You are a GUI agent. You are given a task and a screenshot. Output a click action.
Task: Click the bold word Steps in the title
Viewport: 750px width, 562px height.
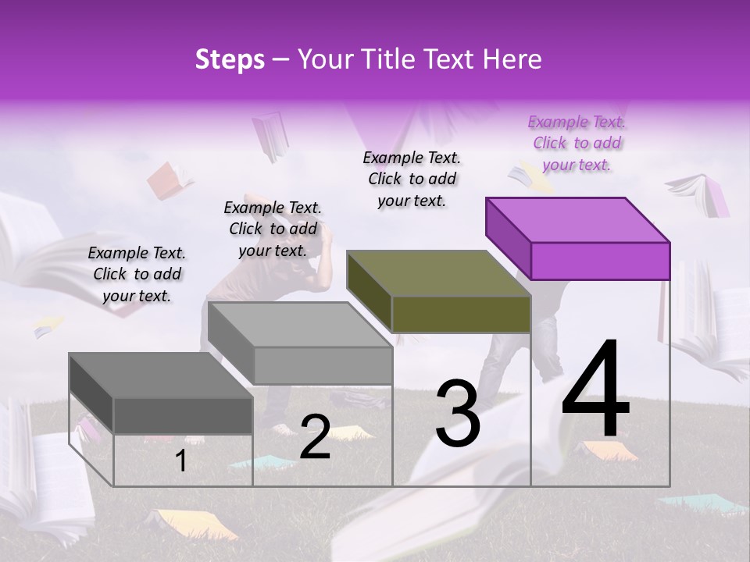click(x=230, y=59)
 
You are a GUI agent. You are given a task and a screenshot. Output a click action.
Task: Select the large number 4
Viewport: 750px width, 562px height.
click(x=595, y=390)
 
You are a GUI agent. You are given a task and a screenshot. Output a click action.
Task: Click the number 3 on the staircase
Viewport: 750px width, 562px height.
click(x=457, y=414)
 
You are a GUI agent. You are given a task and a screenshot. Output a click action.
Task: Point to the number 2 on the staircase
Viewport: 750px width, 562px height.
click(x=315, y=437)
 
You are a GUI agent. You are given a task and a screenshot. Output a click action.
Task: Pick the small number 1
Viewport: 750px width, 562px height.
click(x=180, y=461)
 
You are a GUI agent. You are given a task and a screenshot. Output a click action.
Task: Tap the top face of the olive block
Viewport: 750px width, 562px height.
click(x=438, y=272)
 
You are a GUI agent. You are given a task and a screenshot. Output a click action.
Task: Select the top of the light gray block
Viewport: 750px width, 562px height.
click(x=300, y=324)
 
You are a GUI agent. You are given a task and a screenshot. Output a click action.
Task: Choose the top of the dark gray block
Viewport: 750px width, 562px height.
click(x=161, y=375)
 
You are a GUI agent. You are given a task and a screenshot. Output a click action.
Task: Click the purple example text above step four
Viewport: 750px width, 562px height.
click(x=577, y=143)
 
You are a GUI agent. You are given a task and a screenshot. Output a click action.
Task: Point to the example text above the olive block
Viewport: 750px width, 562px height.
click(x=412, y=179)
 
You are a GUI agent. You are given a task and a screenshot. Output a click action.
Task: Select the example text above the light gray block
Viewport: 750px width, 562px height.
click(x=273, y=229)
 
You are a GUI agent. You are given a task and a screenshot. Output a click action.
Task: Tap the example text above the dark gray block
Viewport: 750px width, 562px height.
click(x=137, y=274)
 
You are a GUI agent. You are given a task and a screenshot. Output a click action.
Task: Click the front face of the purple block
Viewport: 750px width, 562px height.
click(x=600, y=261)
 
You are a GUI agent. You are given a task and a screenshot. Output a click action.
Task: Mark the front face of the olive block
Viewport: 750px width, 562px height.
click(x=461, y=314)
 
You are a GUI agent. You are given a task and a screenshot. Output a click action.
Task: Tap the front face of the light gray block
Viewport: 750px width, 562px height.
click(x=323, y=365)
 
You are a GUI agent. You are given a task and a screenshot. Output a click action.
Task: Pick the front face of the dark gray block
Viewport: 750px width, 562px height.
click(x=183, y=415)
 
